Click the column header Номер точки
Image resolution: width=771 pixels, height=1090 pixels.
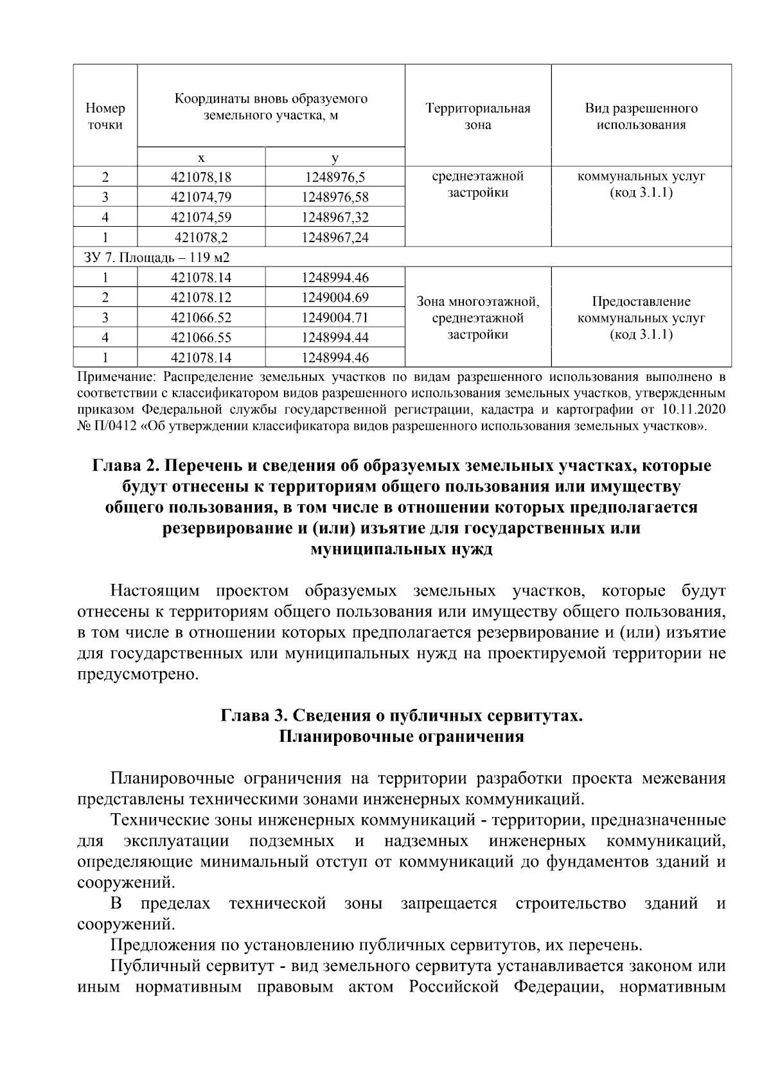tap(105, 116)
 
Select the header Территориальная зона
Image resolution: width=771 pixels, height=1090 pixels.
tap(477, 116)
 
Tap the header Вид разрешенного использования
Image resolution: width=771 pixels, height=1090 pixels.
tap(641, 116)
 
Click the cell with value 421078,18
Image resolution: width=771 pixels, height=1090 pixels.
tap(200, 177)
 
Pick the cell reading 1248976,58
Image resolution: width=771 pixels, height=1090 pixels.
tap(334, 197)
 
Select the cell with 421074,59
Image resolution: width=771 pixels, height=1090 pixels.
tap(200, 217)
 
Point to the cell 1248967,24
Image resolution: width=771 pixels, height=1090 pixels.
tap(334, 238)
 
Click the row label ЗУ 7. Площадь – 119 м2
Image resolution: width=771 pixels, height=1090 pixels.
tap(157, 258)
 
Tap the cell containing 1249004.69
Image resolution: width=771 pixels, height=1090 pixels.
tap(334, 297)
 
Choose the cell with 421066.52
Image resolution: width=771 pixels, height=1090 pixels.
tap(200, 318)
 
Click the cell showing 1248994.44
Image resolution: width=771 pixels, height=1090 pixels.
tap(334, 338)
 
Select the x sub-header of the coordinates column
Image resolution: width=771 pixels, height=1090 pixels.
tap(200, 157)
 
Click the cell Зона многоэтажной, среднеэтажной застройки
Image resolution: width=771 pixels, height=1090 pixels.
tap(477, 318)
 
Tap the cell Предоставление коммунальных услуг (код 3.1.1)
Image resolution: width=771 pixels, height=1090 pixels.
tap(641, 318)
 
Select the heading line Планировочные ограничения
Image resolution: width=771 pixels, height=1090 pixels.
tap(402, 737)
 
